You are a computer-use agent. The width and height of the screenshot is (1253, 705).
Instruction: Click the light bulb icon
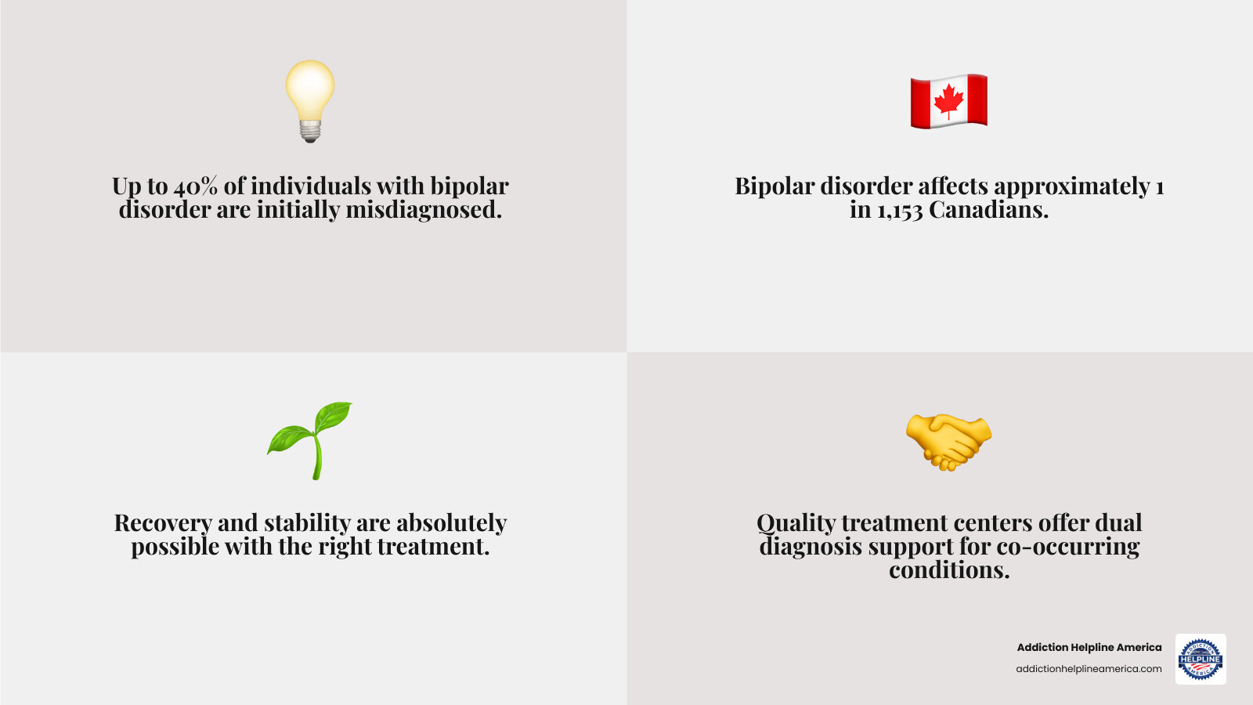(x=310, y=99)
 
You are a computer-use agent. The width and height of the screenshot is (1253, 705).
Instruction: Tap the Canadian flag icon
(x=948, y=101)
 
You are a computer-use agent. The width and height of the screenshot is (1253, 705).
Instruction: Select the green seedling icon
(x=310, y=440)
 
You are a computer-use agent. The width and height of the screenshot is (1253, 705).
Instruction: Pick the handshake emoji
(x=948, y=442)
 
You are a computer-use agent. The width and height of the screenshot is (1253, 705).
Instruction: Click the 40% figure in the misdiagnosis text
(x=195, y=186)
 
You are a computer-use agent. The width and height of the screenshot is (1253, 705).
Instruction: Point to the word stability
(x=307, y=523)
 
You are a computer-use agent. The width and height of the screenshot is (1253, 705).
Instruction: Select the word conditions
(x=949, y=570)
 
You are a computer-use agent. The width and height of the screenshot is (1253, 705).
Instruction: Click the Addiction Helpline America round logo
(x=1201, y=659)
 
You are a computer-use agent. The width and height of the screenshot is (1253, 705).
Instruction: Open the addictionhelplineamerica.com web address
(x=1089, y=669)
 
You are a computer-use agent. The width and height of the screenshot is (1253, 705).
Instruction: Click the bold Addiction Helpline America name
(x=1089, y=647)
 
